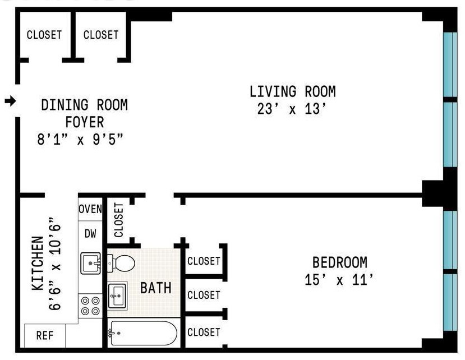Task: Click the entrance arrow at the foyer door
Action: (11, 101)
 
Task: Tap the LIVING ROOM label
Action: (293, 91)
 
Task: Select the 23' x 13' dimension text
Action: (292, 109)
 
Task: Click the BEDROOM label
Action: (340, 262)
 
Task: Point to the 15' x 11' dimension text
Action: (339, 280)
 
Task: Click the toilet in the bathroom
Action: (121, 263)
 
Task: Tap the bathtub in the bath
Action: (142, 333)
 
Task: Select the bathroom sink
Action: (117, 296)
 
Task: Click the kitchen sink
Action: (91, 263)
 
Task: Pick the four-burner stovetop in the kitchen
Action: (90, 306)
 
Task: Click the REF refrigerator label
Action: (45, 336)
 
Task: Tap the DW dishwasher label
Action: (90, 234)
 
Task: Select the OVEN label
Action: (90, 209)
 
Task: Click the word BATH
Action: (156, 288)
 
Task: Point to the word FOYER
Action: (85, 122)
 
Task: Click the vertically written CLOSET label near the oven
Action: (118, 220)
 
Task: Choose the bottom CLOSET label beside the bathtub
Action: (204, 332)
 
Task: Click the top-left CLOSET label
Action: (44, 35)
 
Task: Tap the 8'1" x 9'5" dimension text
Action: (80, 140)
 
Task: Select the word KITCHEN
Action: (38, 264)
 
